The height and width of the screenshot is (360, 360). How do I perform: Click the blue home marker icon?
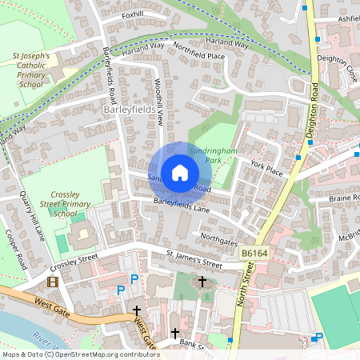pyautogui.click(x=180, y=172)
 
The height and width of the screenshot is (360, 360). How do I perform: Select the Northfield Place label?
pyautogui.click(x=198, y=55)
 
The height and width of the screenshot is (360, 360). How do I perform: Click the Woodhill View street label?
pyautogui.click(x=159, y=102)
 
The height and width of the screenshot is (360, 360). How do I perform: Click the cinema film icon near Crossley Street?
pyautogui.click(x=53, y=282)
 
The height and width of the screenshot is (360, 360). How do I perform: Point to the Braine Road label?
pyautogui.click(x=345, y=197)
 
